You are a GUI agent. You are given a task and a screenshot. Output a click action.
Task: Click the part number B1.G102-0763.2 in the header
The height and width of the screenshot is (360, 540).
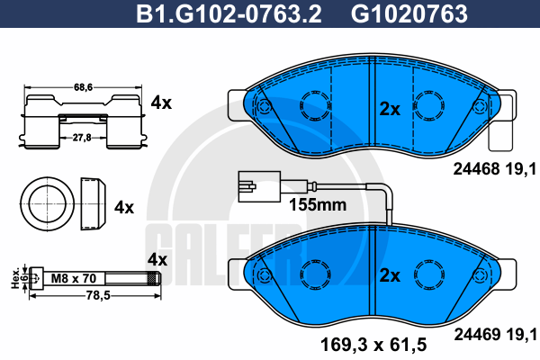pos(229,13)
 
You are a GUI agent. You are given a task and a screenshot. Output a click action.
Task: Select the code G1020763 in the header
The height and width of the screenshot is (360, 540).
pos(409,13)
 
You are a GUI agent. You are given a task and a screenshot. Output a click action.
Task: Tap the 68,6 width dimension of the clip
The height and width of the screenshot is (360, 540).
pos(83,87)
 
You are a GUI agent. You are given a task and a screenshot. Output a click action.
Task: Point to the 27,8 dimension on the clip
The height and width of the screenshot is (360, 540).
pos(82,138)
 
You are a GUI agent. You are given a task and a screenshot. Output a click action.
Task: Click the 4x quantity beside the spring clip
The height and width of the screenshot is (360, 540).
pos(161,103)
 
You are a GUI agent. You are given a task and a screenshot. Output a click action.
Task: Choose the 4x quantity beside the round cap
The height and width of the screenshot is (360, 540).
pos(124,207)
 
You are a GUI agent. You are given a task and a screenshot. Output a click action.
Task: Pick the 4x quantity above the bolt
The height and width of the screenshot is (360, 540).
pos(157,259)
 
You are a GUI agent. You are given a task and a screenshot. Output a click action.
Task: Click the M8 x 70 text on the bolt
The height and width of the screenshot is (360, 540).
pos(74,278)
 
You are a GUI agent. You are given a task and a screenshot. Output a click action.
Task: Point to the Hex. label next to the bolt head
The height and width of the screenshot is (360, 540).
pos(15,279)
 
